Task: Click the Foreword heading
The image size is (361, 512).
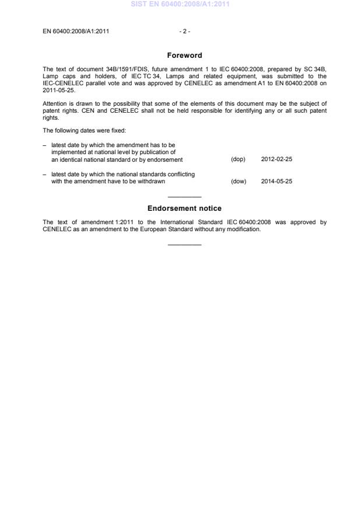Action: (x=184, y=55)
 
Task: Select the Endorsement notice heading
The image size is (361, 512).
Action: (x=184, y=208)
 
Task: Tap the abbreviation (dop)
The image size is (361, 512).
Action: (x=238, y=159)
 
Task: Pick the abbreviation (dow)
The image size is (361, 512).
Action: (x=239, y=181)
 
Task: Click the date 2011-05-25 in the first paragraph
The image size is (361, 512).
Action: (x=58, y=90)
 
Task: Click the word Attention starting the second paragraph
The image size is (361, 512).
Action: (x=54, y=103)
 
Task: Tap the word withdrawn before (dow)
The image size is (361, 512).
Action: (x=153, y=181)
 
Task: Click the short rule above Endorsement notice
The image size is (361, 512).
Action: (x=184, y=196)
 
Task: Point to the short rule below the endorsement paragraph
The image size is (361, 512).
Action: (x=184, y=244)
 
